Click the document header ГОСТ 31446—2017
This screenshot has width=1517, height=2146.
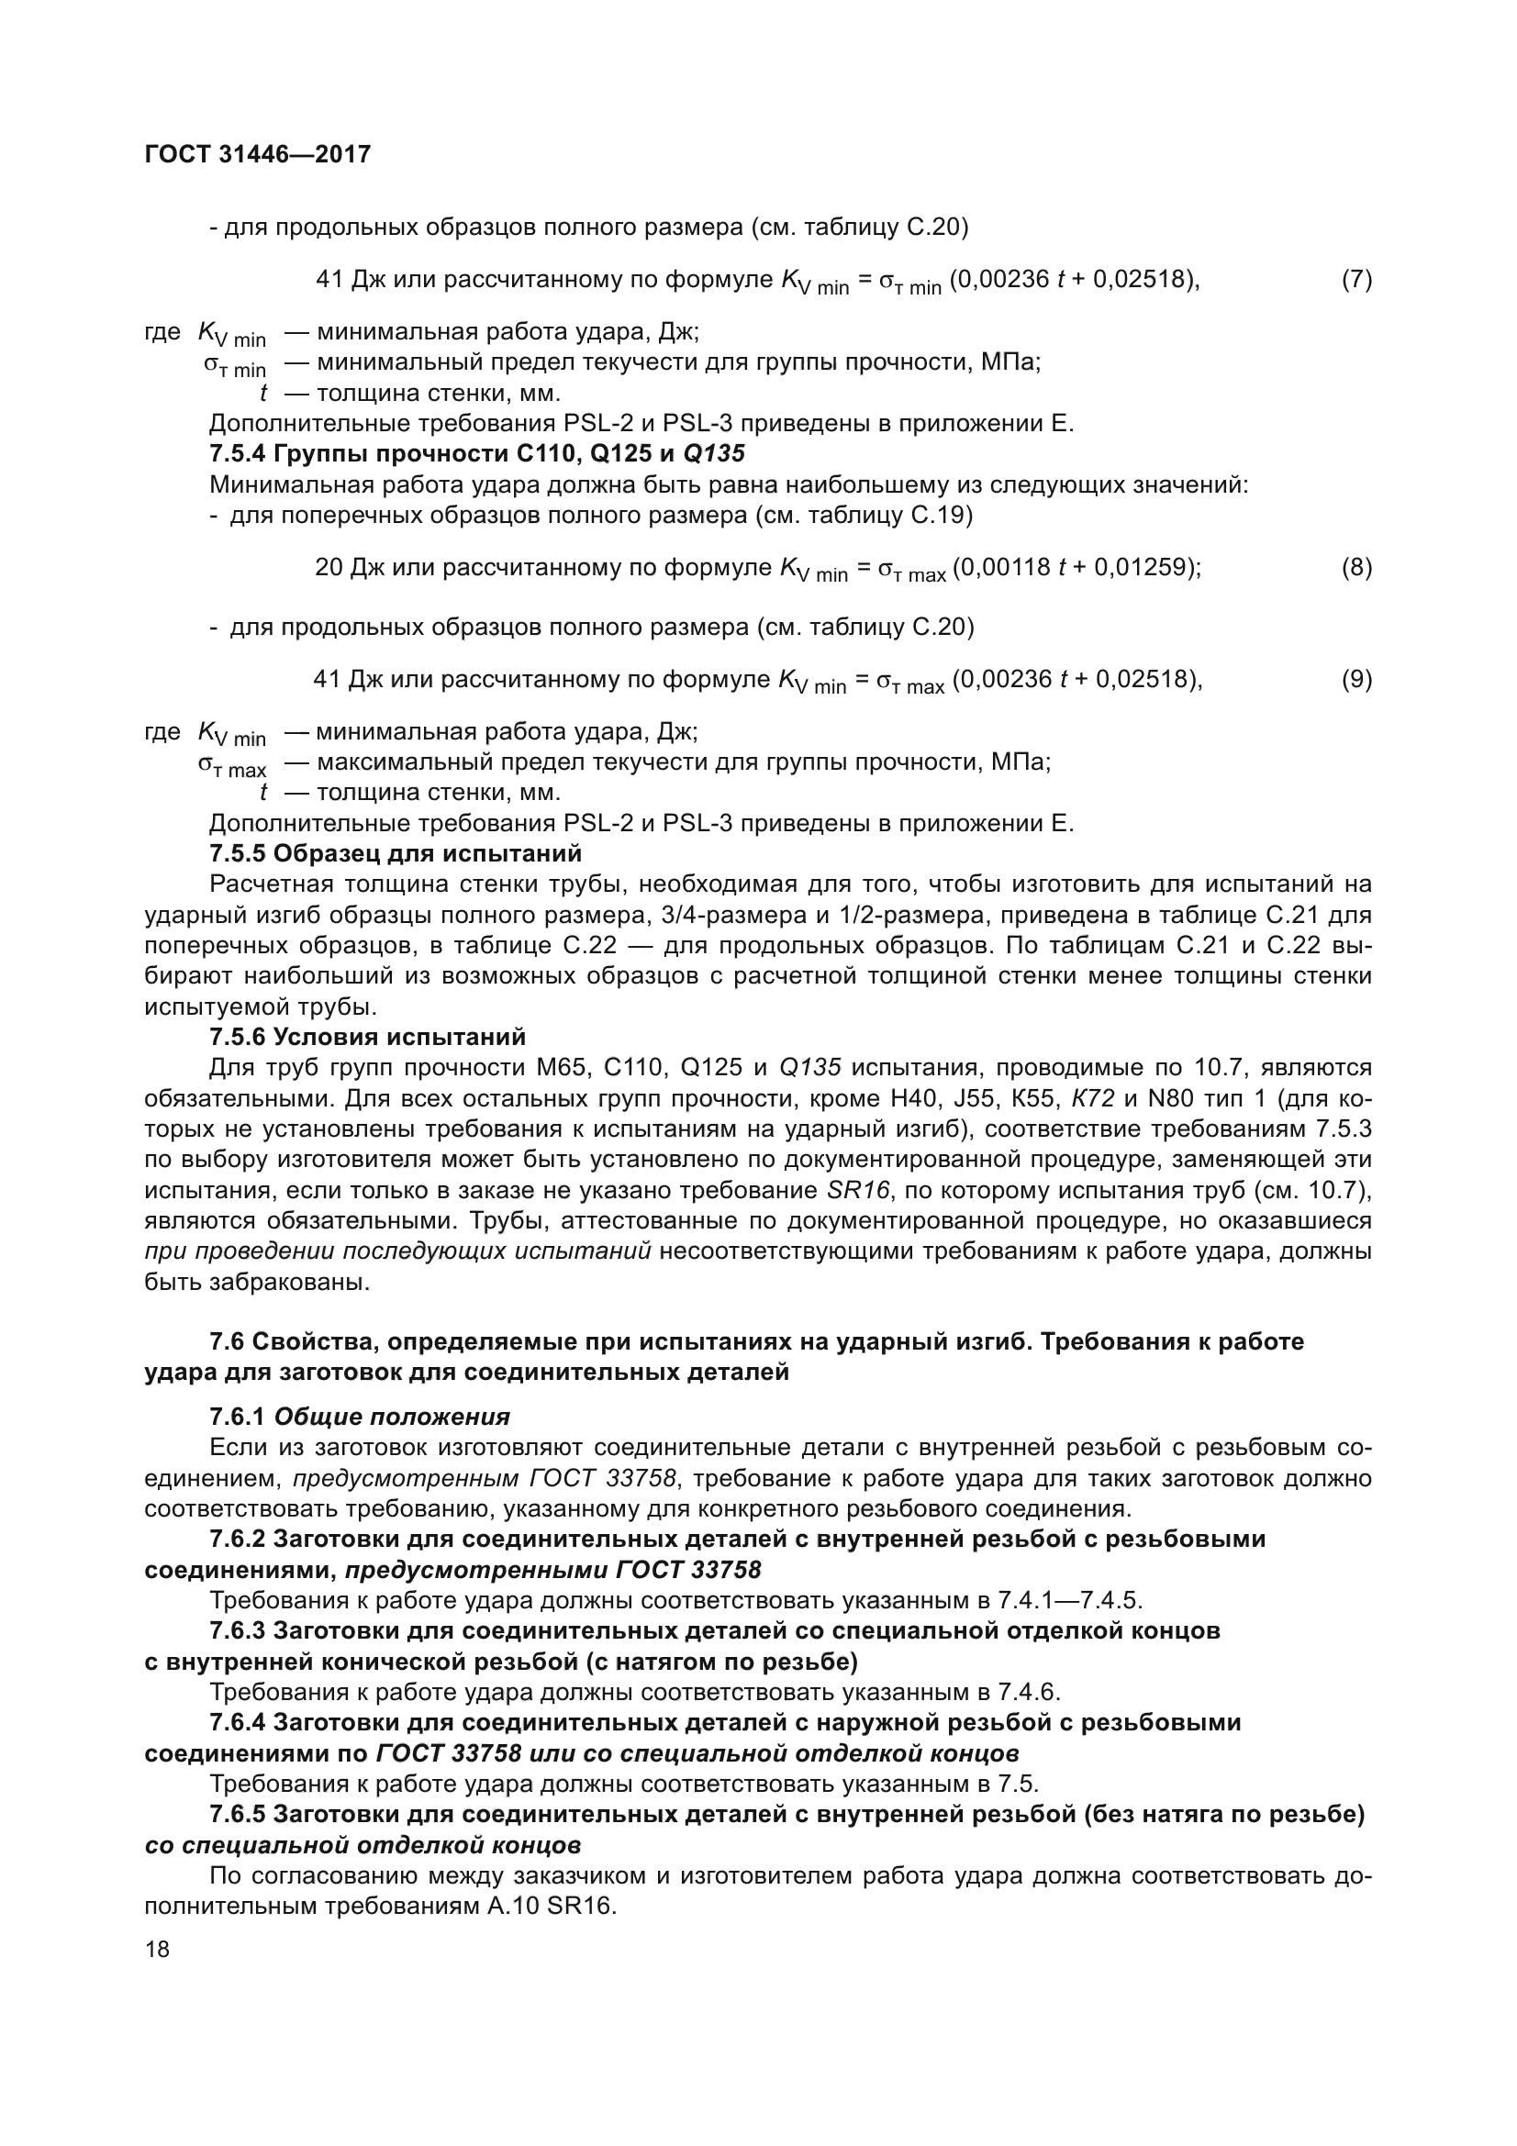(257, 154)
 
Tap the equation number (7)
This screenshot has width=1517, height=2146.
(1356, 280)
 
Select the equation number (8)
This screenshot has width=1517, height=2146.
(1356, 567)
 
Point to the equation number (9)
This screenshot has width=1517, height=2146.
(1356, 680)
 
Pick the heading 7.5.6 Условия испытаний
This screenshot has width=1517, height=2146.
(367, 1037)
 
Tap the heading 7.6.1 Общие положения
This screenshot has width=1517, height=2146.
(359, 1417)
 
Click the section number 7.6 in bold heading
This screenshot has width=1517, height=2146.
(226, 1342)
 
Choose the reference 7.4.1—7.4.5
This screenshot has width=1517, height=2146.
(1069, 1601)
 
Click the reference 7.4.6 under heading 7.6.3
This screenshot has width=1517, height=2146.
(1028, 1693)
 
